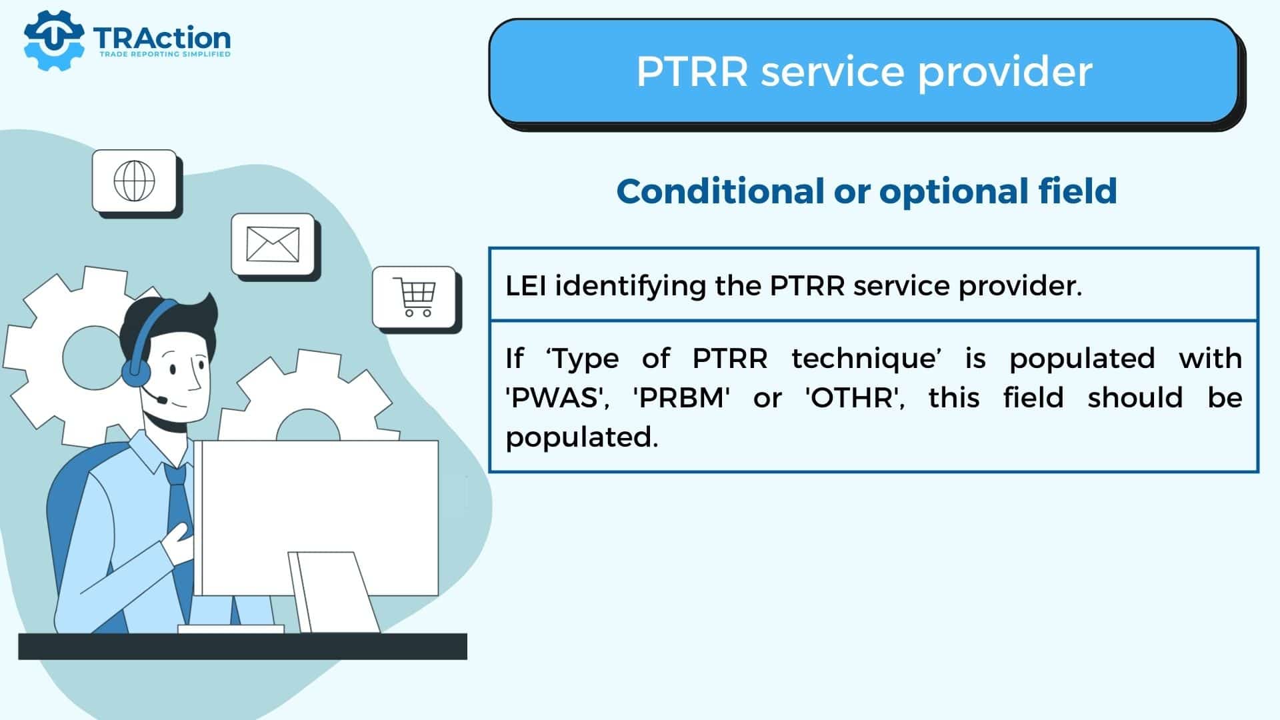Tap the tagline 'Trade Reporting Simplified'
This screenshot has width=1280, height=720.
165,54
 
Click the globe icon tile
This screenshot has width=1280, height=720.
135,181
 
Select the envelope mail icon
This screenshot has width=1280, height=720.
273,244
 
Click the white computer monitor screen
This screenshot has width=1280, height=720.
319,518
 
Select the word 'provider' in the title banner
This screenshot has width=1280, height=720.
1005,72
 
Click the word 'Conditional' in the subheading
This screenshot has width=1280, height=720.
720,191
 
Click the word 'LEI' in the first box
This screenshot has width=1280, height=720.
526,286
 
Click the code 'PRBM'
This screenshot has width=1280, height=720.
681,398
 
